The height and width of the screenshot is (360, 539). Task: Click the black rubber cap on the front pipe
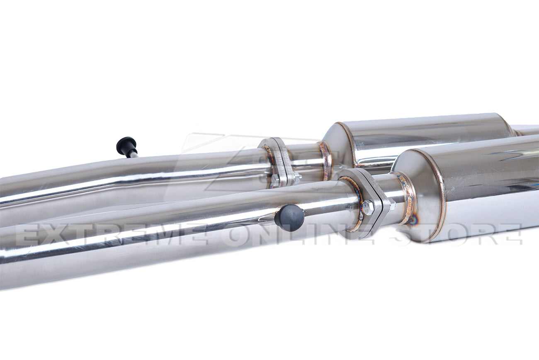click(289, 218)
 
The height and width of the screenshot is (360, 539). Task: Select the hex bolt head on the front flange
click(367, 207)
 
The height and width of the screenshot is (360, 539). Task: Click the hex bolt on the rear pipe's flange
click(275, 180)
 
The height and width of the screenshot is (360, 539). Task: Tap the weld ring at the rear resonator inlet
click(325, 160)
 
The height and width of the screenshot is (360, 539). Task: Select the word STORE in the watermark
click(456, 235)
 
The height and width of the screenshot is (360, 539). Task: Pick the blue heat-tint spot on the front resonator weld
click(412, 220)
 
